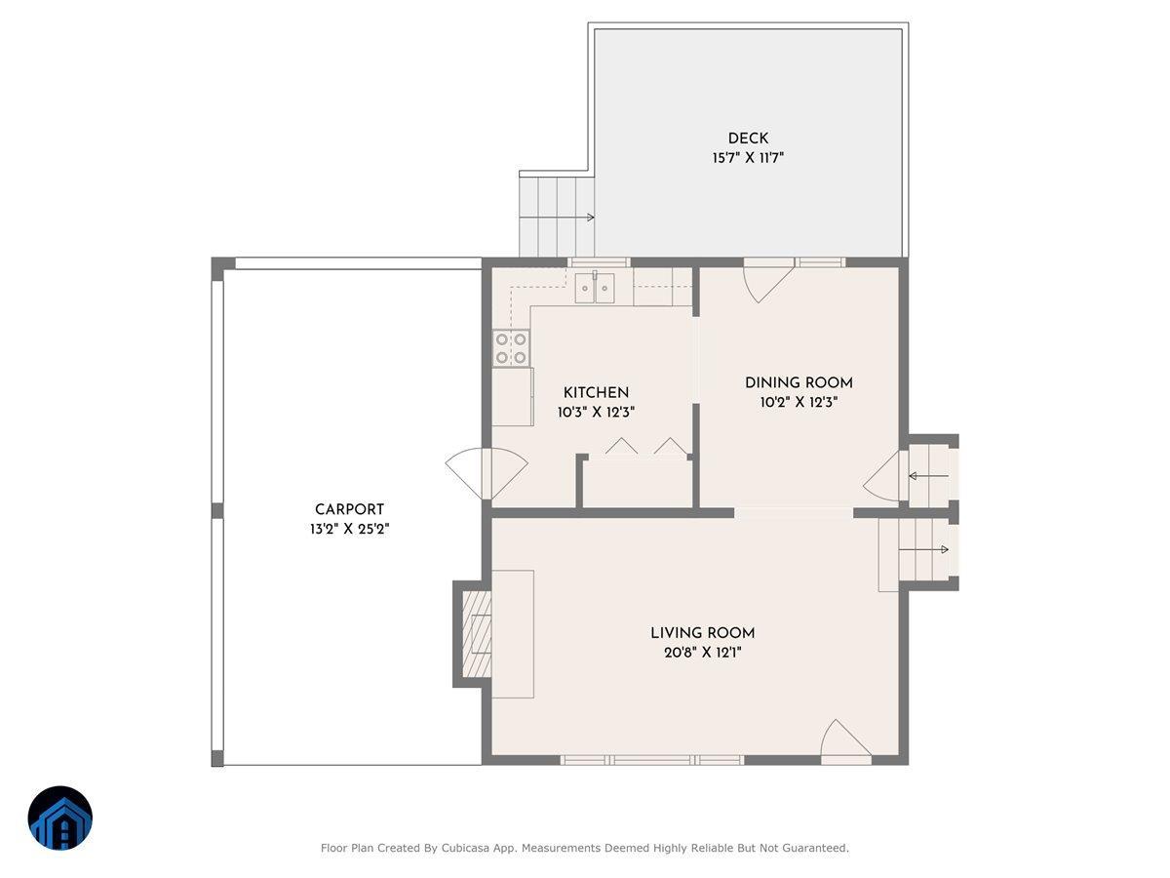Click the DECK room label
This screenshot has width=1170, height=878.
tap(748, 139)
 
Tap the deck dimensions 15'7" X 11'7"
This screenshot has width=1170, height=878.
tap(748, 157)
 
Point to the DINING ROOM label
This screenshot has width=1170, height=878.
tap(799, 383)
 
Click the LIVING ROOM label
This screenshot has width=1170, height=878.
tap(702, 633)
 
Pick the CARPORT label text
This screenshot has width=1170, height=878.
tap(349, 509)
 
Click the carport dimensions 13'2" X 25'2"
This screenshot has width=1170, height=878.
tap(349, 529)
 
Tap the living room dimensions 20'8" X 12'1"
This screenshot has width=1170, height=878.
tap(702, 652)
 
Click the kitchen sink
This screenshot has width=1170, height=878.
tap(594, 289)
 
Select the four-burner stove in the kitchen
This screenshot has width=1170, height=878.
tap(512, 348)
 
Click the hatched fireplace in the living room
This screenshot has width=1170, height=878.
tap(475, 634)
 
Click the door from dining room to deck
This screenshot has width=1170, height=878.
tap(766, 280)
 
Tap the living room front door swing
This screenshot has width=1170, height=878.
tap(843, 740)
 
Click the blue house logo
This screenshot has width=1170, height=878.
tap(59, 818)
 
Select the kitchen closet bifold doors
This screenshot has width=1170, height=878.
tap(644, 448)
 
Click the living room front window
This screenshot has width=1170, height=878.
tap(652, 759)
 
